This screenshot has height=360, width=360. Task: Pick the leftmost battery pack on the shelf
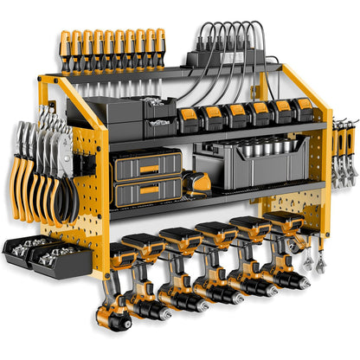(188, 122)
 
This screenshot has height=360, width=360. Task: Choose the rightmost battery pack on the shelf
(303, 109)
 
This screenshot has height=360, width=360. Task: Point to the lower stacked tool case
(147, 192)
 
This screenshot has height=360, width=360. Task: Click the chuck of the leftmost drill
(116, 320)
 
